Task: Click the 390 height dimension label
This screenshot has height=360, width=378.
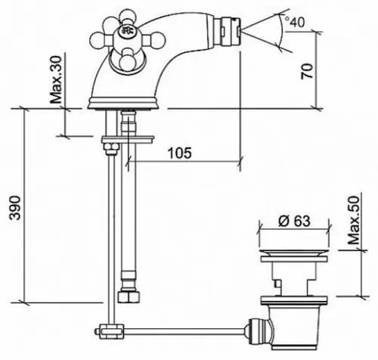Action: coord(15,207)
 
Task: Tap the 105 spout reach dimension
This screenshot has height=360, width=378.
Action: coord(180,153)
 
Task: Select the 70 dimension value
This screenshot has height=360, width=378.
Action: coord(307,72)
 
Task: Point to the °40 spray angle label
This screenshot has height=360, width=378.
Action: coord(294,22)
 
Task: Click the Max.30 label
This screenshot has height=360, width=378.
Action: coord(56,79)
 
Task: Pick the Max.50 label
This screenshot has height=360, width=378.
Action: coord(354,221)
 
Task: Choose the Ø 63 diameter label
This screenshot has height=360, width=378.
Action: coord(294,221)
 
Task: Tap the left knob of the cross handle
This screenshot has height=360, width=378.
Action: coord(98,41)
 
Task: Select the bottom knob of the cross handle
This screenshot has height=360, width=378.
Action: coord(126,63)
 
